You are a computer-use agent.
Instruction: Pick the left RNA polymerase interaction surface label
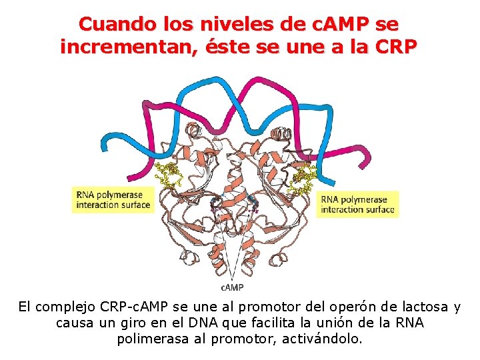tap(113, 199)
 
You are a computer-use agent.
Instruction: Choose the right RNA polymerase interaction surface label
tap(357, 204)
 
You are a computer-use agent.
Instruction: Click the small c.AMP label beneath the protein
tap(232, 287)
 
